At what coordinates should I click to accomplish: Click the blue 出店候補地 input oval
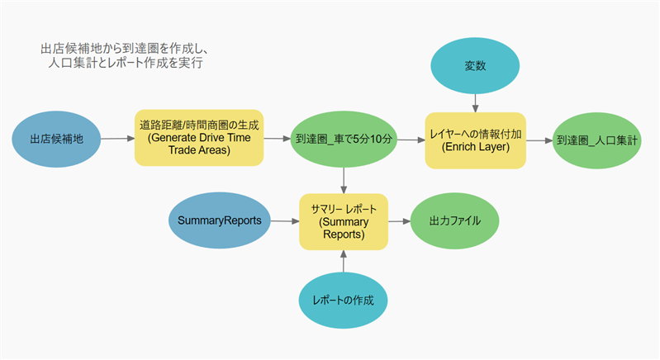(57, 140)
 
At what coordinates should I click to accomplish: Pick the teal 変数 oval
(476, 64)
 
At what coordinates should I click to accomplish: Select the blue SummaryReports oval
(220, 221)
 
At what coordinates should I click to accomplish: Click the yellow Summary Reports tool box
(343, 221)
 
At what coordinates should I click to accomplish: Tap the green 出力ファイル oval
(453, 221)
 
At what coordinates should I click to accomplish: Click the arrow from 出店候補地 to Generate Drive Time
(117, 140)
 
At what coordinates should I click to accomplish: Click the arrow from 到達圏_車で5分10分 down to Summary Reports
(343, 179)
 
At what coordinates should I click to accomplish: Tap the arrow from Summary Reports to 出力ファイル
(398, 221)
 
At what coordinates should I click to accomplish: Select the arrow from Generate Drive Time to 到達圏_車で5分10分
(276, 140)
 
